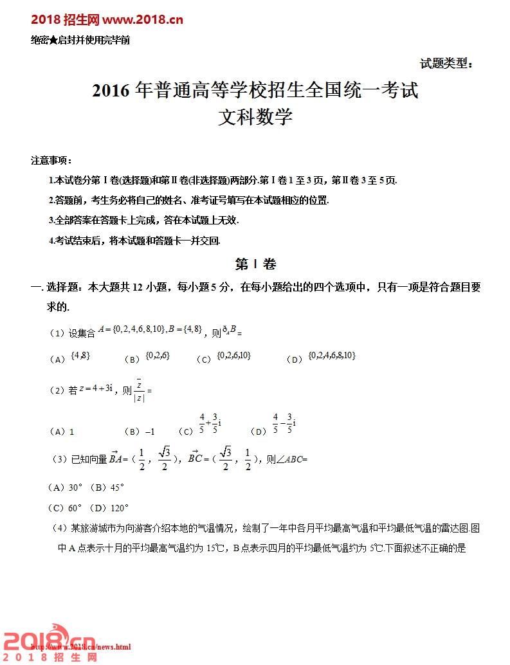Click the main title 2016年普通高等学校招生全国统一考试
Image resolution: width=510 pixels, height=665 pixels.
255,91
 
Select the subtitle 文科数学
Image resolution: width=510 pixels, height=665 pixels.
255,118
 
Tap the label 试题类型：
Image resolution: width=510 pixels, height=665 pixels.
446,63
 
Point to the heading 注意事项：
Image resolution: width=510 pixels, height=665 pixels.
51,160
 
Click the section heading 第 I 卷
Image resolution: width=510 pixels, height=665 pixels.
255,264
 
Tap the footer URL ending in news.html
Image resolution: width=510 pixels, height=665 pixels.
82,646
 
